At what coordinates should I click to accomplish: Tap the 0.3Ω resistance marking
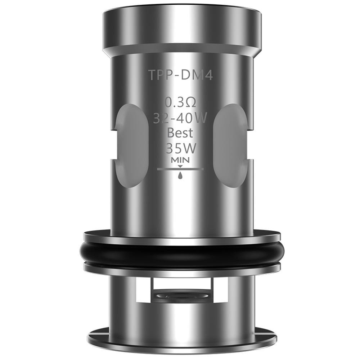pyautogui.click(x=180, y=103)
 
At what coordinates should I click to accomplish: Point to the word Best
pyautogui.click(x=180, y=133)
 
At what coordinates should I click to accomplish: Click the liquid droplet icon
pyautogui.click(x=180, y=175)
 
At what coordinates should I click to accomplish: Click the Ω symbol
pyautogui.click(x=191, y=103)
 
